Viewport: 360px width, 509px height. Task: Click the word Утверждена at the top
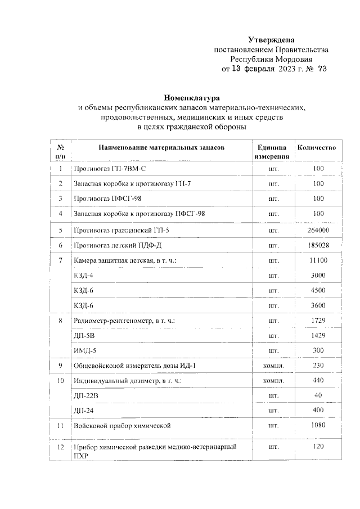(x=272, y=39)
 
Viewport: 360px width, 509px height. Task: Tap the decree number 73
(x=322, y=69)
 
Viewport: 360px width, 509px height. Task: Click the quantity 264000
(x=318, y=230)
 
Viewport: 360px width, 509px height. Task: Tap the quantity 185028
(x=318, y=245)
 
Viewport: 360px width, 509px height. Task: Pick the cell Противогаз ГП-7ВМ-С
(x=110, y=169)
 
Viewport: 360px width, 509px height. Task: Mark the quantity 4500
(x=318, y=290)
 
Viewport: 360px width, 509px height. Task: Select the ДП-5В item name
(x=84, y=335)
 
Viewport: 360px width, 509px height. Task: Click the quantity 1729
(x=318, y=320)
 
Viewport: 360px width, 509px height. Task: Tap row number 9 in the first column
(x=60, y=366)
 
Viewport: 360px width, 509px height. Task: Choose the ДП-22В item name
(x=87, y=396)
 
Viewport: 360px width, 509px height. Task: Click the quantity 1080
(x=318, y=426)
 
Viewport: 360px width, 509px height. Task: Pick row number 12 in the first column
(x=60, y=447)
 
